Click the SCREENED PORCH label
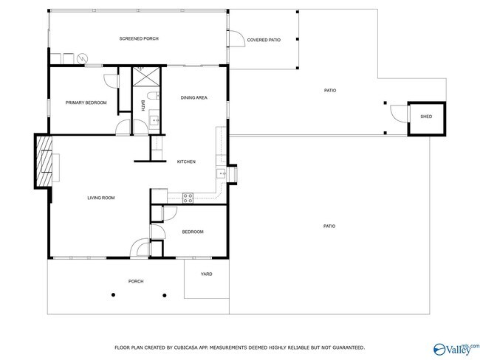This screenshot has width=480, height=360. click(140, 38)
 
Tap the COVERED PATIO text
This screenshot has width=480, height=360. click(264, 40)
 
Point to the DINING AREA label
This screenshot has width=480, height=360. click(194, 97)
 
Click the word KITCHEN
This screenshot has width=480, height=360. click(186, 162)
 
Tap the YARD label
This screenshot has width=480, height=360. click(207, 274)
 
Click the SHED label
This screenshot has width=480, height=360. click(426, 117)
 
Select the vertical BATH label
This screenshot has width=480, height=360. click(143, 105)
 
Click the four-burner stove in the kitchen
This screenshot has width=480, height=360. click(188, 197)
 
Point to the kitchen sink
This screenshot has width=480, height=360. click(220, 174)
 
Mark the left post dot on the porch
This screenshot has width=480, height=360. click(113, 294)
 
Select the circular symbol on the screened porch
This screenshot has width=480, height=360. click(82, 58)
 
